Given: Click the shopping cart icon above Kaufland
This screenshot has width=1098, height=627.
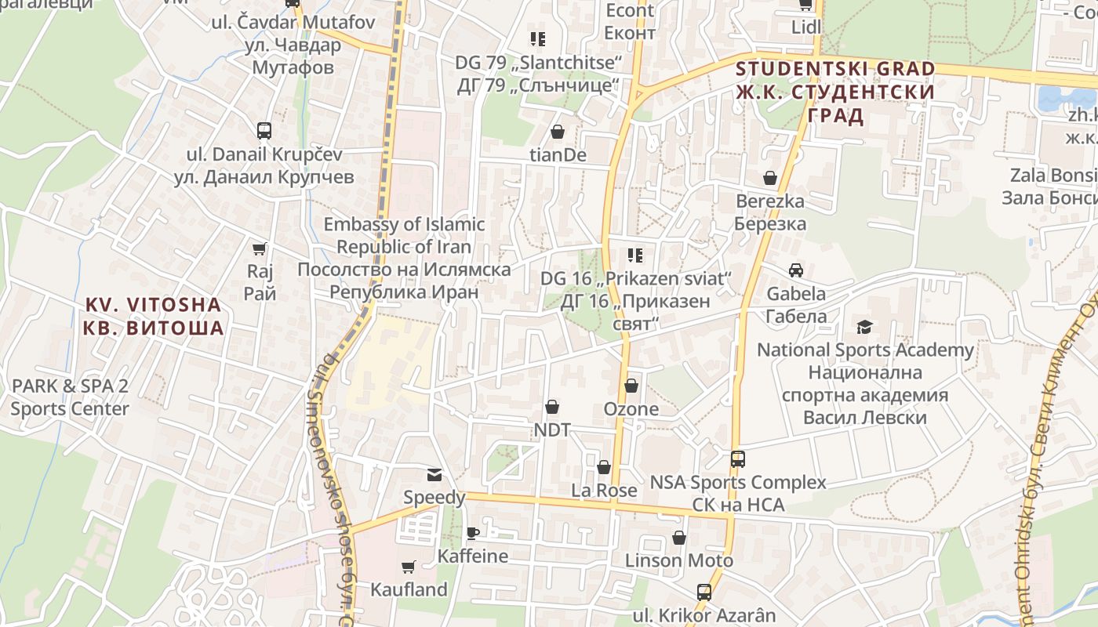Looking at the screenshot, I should (408, 567).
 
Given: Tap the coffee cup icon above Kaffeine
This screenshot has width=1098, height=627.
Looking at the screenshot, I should (473, 533).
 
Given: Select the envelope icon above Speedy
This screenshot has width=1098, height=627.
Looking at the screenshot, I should (434, 474).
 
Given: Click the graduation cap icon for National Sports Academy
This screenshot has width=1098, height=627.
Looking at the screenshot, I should (864, 327).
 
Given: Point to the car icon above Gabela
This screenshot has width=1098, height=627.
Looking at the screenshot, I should (796, 270).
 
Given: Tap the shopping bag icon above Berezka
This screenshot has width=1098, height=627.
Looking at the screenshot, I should (770, 178).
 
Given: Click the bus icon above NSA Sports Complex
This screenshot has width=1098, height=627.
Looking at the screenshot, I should (737, 459).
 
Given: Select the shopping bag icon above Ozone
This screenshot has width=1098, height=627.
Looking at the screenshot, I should (631, 386).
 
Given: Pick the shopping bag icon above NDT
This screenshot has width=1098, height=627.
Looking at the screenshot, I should (552, 407).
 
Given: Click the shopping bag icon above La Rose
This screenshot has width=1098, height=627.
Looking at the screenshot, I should (603, 467).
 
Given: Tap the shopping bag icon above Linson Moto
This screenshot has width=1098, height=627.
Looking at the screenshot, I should (679, 538).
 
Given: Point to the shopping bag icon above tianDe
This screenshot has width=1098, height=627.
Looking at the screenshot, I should (558, 132).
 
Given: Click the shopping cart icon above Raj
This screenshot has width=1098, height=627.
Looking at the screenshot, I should (260, 249).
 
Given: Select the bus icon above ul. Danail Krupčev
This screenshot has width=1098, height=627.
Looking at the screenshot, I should (264, 130).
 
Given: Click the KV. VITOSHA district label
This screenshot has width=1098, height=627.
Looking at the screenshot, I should (154, 316).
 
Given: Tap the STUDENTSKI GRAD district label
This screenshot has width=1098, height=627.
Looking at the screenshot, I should (835, 92).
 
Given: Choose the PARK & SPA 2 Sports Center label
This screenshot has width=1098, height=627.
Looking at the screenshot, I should (69, 397).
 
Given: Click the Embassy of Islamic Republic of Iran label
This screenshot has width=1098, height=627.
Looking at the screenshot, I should (404, 258).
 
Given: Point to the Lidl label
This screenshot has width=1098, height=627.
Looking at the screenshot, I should (805, 27).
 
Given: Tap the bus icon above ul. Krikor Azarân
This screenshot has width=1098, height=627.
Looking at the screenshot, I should (704, 593).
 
